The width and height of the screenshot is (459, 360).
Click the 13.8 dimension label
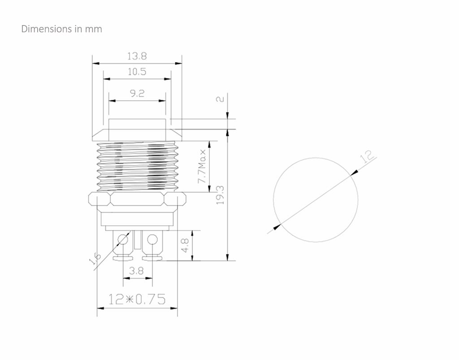pyautogui.click(x=137, y=56)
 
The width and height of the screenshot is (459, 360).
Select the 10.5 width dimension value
pyautogui.click(x=137, y=72)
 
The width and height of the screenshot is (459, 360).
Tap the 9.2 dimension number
pyautogui.click(x=137, y=93)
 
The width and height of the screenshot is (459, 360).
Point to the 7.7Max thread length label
pyautogui.click(x=202, y=167)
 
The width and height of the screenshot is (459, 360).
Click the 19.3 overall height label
pyautogui.click(x=220, y=195)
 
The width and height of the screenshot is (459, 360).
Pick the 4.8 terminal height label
pyautogui.click(x=185, y=245)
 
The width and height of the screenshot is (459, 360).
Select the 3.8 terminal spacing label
pyautogui.click(x=136, y=271)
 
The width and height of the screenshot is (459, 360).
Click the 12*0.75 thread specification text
pyautogui.click(x=137, y=299)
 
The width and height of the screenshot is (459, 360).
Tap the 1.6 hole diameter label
pyautogui.click(x=95, y=258)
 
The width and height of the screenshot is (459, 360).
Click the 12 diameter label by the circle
pyautogui.click(x=367, y=157)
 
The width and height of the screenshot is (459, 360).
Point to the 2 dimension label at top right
pyautogui.click(x=220, y=99)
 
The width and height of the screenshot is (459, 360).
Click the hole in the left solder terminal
pyautogui.click(x=123, y=240)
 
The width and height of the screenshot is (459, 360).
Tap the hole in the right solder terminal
pyautogui.click(x=152, y=240)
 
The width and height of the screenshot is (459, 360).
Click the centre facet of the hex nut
pyautogui.click(x=137, y=199)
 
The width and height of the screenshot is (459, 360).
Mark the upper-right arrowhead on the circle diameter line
pyautogui.click(x=354, y=173)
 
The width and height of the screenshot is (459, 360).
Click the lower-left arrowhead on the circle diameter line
pyautogui.click(x=277, y=227)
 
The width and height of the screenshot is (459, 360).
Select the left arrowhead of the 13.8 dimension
pyautogui.click(x=96, y=63)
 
